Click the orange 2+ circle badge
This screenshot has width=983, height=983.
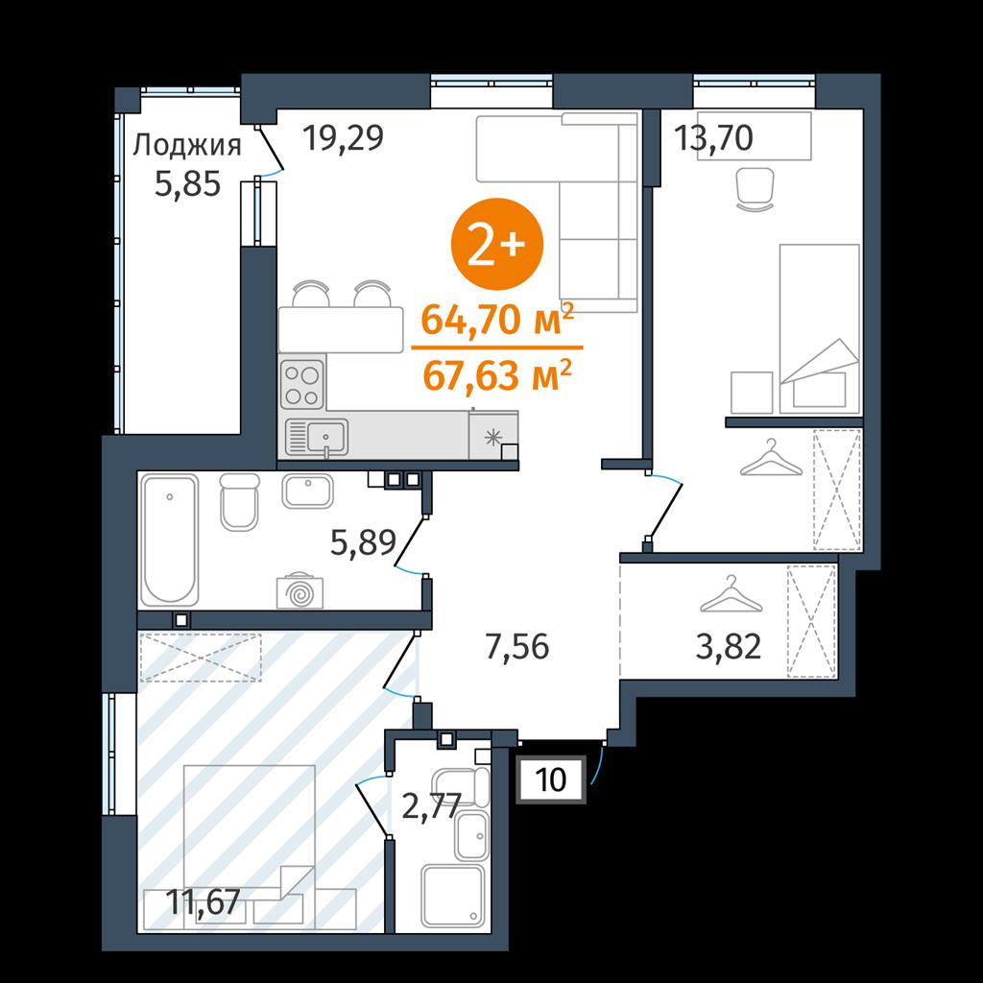coord(497,244)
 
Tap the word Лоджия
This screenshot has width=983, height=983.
coord(187,147)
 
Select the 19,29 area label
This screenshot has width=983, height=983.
coord(343,138)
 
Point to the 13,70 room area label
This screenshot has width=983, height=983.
coord(713,138)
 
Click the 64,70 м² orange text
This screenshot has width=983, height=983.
coord(497,319)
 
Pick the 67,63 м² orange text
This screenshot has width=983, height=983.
coord(497,375)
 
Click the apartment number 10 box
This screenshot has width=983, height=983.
coord(551,779)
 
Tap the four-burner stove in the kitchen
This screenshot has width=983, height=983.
coord(302,383)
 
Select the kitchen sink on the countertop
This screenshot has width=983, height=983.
coord(316,437)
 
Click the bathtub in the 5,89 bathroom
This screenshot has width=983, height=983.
coord(169,540)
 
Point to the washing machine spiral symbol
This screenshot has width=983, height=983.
coord(300,591)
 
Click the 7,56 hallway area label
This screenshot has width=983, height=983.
coord(517,646)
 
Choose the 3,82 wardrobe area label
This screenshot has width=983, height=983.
coord(729,646)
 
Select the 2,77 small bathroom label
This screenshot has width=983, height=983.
coord(431,806)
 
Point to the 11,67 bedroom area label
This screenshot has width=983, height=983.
coord(204,902)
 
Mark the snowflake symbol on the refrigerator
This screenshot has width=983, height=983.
coord(493,437)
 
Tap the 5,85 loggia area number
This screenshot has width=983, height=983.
coord(187,184)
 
